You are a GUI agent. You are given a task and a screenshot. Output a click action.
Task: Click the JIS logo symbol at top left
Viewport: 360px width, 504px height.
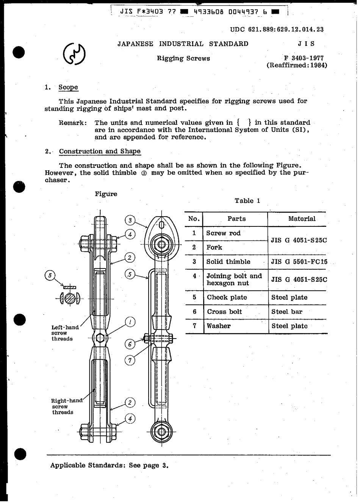point(74,54)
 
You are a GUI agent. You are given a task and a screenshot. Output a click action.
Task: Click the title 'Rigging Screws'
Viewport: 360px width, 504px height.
point(183,58)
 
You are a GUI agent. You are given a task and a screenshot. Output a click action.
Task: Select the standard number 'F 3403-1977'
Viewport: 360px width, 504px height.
point(304,58)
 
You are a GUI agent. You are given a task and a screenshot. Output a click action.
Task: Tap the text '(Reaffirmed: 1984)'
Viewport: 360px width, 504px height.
point(297,65)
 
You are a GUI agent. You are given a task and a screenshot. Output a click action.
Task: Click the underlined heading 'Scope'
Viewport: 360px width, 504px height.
point(68,87)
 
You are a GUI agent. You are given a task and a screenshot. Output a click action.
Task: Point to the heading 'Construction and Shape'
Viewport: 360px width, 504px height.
point(100,151)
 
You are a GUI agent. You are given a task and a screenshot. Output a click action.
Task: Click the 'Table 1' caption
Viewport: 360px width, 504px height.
point(247,201)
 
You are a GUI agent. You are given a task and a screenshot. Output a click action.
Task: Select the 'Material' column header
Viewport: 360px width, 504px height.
point(302,219)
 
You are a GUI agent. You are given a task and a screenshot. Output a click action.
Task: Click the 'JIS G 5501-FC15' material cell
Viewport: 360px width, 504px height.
point(299,262)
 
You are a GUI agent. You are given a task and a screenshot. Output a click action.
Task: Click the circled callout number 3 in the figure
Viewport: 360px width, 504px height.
point(130,220)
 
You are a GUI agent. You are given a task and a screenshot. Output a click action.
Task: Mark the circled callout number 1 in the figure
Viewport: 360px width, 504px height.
point(130,322)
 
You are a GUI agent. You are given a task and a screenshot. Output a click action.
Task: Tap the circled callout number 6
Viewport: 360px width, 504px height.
point(130,344)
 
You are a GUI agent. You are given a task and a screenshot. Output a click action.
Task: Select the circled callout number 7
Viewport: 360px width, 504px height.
point(130,360)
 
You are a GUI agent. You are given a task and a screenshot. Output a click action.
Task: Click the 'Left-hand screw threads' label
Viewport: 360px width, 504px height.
point(65,333)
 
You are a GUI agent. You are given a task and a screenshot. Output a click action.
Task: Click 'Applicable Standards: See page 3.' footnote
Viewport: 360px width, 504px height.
point(109,465)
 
